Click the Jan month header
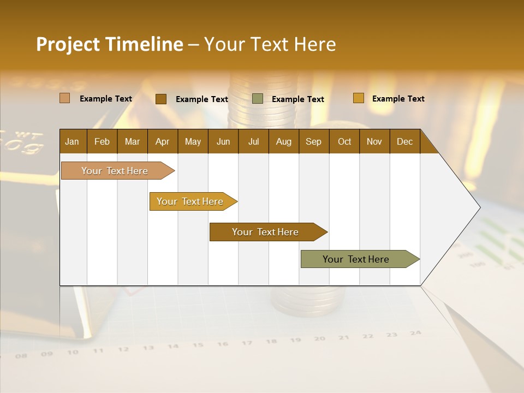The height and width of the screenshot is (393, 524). [x=72, y=141]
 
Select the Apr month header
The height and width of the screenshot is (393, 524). [x=162, y=141]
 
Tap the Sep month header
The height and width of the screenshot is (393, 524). [x=313, y=141]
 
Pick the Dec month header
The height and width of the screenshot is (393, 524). [x=404, y=141]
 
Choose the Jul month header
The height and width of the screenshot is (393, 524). [x=253, y=141]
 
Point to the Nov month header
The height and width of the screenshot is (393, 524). [x=374, y=141]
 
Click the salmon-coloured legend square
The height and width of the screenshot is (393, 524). [x=64, y=98]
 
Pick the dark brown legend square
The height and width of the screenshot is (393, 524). [x=160, y=99]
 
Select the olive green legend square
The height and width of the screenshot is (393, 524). [x=258, y=99]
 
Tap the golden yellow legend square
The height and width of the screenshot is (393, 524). [x=358, y=98]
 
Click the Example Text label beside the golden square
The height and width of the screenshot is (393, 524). [x=398, y=98]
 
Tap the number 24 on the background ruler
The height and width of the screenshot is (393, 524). [x=416, y=332]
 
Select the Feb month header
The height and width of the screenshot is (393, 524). [x=102, y=141]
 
